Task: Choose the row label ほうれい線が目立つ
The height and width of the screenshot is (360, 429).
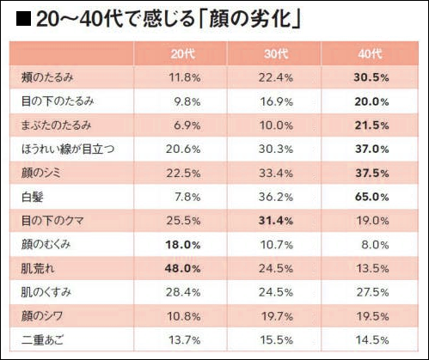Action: tap(67, 149)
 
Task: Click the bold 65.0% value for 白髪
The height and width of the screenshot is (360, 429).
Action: tap(371, 197)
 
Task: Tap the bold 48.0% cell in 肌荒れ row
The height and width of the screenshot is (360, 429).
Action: tap(183, 268)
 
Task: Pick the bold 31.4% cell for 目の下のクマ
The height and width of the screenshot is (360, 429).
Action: tap(278, 221)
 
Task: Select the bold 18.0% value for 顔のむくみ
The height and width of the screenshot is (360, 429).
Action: tap(183, 244)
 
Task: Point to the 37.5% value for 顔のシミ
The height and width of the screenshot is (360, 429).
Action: tap(371, 173)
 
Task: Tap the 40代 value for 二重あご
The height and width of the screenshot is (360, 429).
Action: tap(371, 339)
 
